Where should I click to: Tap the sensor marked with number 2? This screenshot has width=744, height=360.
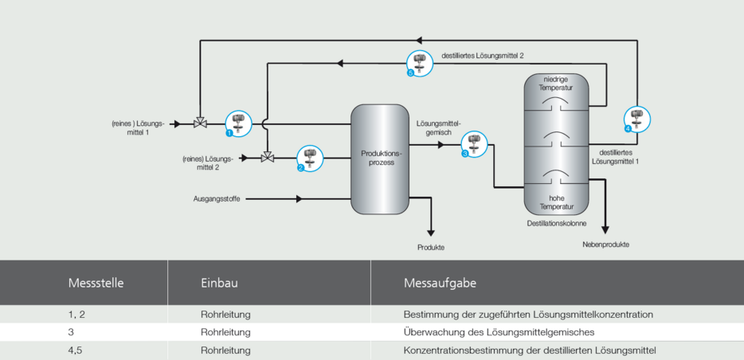310,158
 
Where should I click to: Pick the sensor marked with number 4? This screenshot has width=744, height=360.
637,119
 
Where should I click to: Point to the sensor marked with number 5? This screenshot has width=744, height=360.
420,63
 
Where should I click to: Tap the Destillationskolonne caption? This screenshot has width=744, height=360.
556,224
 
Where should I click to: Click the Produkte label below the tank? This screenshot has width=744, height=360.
431,248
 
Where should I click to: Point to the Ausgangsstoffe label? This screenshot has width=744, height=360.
217,198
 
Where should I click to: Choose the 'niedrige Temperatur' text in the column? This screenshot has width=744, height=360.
555,83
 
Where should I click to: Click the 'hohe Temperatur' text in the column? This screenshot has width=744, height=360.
555,202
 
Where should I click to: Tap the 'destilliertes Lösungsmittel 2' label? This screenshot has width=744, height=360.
483,56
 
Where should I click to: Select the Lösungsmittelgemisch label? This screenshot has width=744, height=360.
438,127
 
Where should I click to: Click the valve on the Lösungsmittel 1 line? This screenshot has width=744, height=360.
201,123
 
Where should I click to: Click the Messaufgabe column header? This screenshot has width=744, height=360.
440,282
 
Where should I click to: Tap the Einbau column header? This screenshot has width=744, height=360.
220,282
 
